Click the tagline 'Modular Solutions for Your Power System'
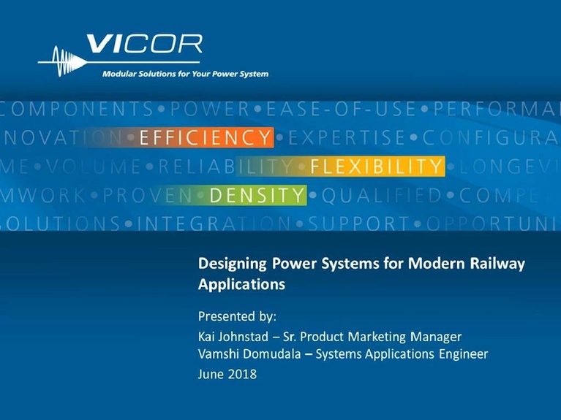click(185, 74)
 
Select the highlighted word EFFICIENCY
click(205, 137)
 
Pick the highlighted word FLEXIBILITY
click(376, 167)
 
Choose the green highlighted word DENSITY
click(256, 195)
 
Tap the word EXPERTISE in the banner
click(347, 137)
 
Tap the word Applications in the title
click(241, 284)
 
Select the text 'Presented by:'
click(238, 317)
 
